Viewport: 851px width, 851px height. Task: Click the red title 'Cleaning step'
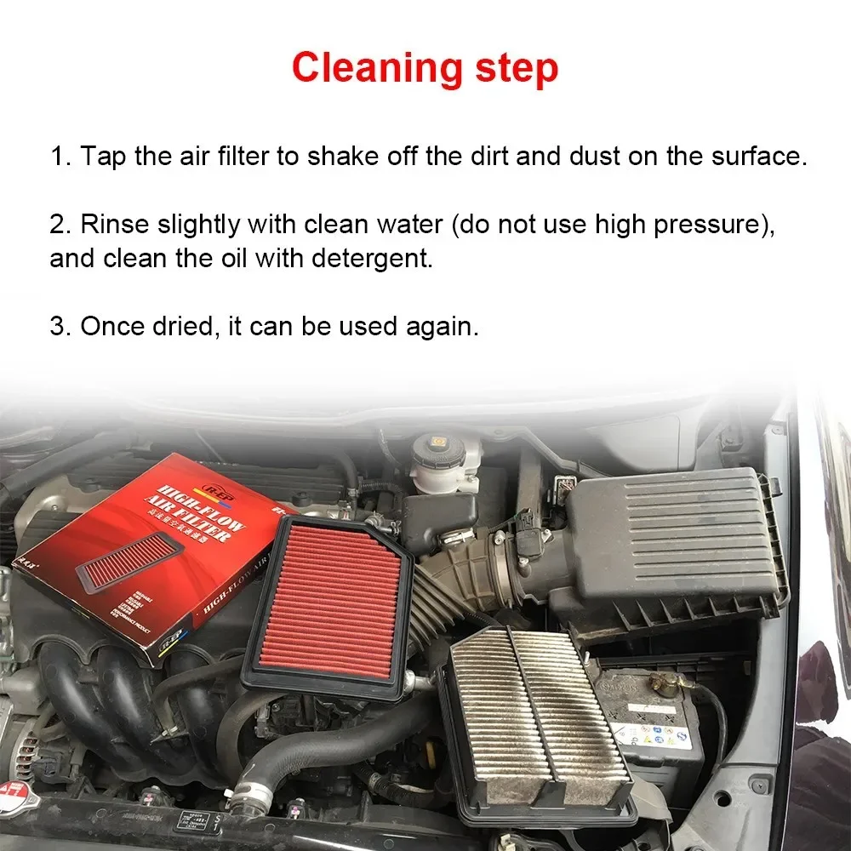pos(425,67)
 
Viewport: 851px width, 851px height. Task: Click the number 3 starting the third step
pos(57,327)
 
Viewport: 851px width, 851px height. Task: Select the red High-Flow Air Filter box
pos(145,553)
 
